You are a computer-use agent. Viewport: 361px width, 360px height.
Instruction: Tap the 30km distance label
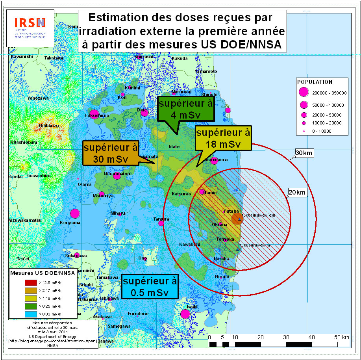304,153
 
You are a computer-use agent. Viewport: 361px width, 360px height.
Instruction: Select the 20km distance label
296,192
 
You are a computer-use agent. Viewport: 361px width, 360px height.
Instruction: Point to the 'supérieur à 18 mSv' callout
223,138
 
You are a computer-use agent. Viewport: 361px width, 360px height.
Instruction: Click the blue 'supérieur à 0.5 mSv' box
150,287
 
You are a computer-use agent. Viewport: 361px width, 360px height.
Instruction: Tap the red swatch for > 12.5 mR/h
30,282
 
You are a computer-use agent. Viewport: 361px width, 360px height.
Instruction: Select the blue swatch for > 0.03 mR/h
30,314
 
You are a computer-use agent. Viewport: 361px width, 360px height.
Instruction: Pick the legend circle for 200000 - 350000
303,93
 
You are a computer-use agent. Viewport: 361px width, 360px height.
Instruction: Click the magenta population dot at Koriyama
75,213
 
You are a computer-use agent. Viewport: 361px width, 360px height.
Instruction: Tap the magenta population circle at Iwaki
185,314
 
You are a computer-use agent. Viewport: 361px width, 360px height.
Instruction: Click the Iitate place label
174,147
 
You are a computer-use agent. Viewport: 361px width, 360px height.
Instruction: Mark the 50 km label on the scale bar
341,337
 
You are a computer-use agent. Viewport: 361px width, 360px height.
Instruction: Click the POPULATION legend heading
315,82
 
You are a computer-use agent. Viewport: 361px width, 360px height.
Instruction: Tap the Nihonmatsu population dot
117,176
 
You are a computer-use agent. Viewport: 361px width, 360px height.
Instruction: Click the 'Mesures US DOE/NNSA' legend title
42,273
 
